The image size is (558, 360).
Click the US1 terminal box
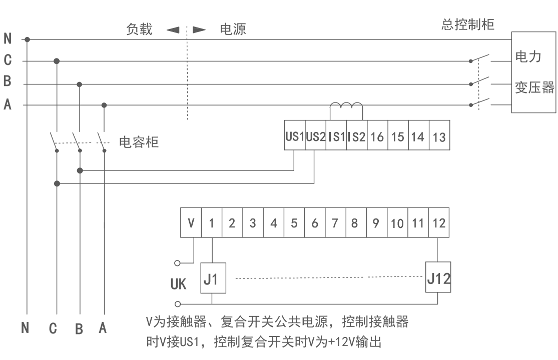295,136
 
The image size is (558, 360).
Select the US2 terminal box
315,136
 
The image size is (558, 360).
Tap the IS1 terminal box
336,136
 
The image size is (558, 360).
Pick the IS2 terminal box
356,136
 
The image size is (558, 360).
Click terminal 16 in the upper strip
377,136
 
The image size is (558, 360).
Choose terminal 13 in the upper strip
438,136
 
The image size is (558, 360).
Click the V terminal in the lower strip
191,223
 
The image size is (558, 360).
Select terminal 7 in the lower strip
335,223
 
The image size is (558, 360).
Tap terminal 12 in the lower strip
439,223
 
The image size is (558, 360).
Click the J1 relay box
212,278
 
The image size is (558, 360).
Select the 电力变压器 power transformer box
534,72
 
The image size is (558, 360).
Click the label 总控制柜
468,24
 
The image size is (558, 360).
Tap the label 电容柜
139,142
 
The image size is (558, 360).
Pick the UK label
178,284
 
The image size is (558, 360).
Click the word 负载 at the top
139,29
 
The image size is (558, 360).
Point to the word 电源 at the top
233,29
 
